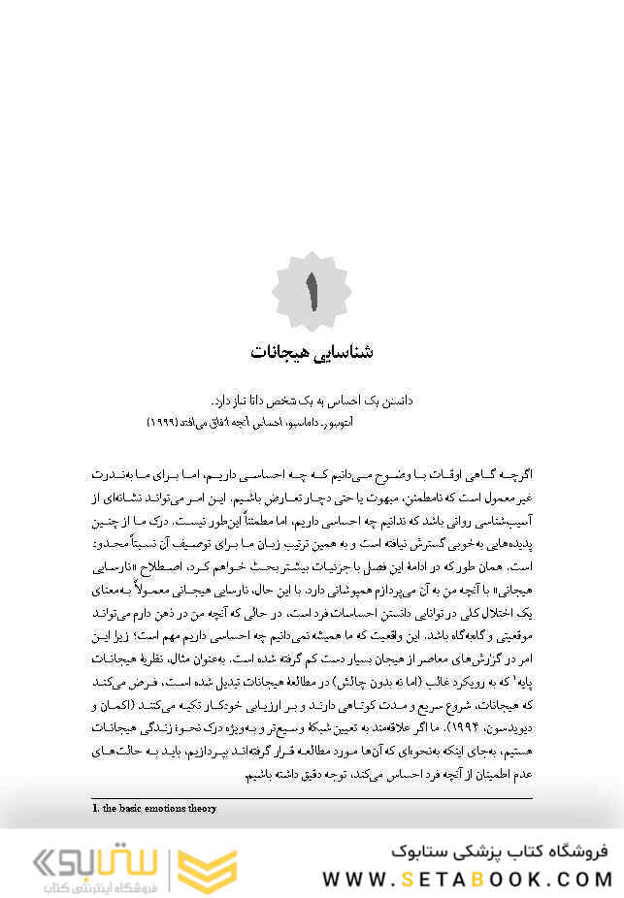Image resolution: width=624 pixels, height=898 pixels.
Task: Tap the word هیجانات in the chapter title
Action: point(280,350)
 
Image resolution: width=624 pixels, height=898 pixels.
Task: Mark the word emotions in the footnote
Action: point(167,808)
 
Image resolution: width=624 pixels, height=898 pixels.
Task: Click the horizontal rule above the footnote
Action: point(312,798)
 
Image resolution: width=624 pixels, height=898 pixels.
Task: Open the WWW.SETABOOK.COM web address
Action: point(467,879)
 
